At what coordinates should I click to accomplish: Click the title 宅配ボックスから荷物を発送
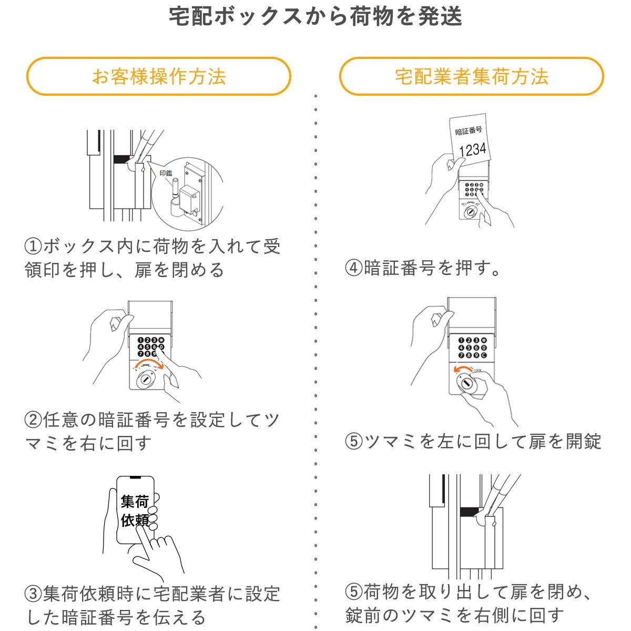315,17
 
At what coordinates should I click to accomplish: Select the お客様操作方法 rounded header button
158,76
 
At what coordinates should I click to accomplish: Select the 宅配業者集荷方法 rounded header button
471,76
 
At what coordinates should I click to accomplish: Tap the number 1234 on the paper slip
473,149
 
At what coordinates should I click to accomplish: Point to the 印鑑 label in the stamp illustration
166,173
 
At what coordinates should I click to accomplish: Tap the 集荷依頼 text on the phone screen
135,510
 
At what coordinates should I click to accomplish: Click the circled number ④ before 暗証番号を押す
353,269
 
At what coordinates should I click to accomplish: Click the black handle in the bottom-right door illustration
471,511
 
